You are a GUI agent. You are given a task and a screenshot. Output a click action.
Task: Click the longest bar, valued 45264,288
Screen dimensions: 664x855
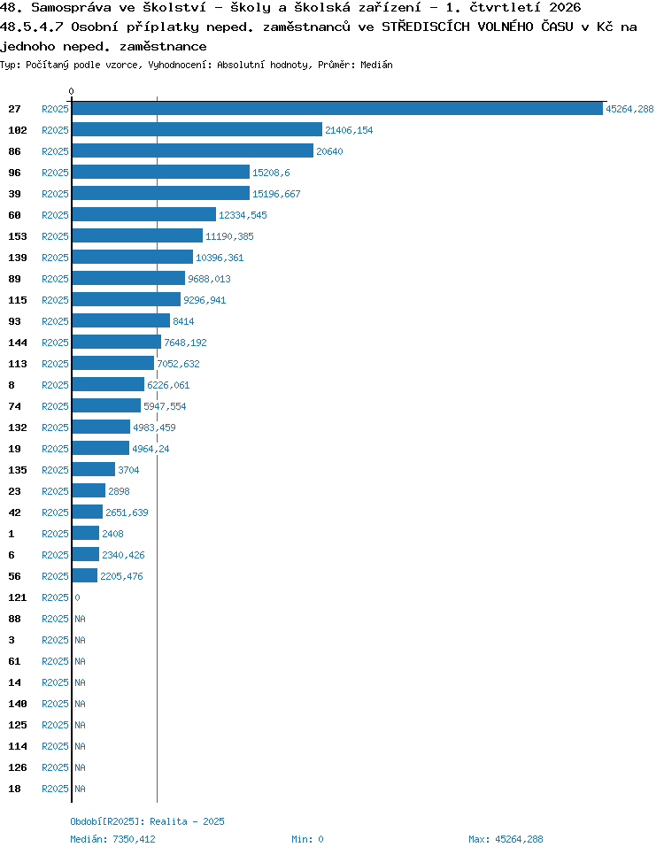click(x=337, y=109)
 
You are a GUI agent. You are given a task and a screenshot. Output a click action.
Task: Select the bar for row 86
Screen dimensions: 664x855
click(x=193, y=151)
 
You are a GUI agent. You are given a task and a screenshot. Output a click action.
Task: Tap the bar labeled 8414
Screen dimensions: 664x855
click(x=121, y=321)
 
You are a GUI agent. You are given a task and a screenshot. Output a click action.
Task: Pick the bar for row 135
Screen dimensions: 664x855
click(x=94, y=469)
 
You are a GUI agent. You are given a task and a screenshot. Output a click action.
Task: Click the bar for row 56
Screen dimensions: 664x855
click(x=85, y=576)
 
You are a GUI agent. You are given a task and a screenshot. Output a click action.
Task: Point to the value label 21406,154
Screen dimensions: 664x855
click(x=349, y=130)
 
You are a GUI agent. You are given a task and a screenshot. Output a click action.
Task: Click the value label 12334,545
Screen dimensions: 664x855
click(x=243, y=215)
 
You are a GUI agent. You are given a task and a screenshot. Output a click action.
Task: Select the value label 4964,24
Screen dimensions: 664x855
click(x=151, y=449)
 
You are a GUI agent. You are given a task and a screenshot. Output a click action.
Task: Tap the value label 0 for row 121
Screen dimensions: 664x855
click(x=78, y=597)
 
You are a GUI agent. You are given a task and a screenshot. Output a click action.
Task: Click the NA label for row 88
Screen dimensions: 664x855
click(x=81, y=619)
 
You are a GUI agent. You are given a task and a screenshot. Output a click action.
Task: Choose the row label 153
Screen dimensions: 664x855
click(x=18, y=236)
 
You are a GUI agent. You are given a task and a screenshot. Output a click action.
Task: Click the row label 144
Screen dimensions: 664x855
click(x=18, y=343)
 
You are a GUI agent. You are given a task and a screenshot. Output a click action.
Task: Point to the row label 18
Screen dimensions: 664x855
click(x=15, y=789)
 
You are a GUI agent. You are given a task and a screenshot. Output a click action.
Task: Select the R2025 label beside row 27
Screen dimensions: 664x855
click(x=55, y=109)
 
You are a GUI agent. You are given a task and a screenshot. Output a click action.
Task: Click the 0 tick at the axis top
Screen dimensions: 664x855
click(x=71, y=91)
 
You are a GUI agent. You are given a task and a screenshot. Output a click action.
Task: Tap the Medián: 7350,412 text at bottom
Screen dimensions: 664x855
click(x=113, y=839)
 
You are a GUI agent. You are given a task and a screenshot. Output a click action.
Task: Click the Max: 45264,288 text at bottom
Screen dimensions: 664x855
click(x=506, y=839)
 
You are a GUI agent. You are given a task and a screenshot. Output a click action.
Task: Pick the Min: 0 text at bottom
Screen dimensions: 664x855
click(x=308, y=839)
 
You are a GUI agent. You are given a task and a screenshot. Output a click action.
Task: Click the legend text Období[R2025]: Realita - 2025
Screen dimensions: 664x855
click(x=147, y=821)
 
